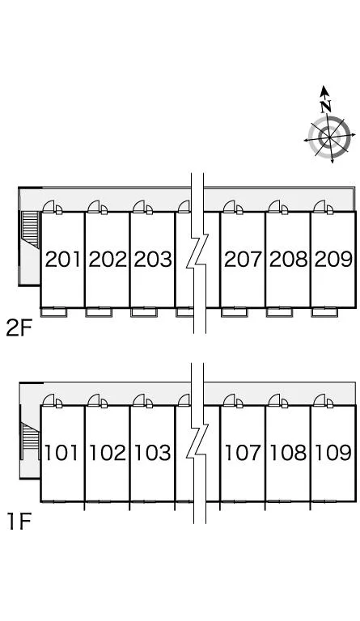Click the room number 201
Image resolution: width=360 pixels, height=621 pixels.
tap(63, 260)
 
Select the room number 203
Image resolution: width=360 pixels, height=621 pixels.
tap(153, 260)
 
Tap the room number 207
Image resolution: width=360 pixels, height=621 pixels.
tap(243, 260)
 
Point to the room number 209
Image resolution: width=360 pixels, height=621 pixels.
tap(333, 260)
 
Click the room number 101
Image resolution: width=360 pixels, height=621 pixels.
tap(61, 453)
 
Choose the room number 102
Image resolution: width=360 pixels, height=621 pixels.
tap(108, 453)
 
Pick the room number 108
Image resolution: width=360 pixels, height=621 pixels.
tap(288, 453)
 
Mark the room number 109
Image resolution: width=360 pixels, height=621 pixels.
tap(333, 453)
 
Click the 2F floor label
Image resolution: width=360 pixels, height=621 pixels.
tap(19, 328)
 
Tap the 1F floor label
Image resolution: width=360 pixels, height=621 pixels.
tap(19, 522)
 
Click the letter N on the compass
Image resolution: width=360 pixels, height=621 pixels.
tap(326, 106)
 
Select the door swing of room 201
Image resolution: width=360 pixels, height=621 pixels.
tap(49, 206)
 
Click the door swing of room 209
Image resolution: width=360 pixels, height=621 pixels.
tap(320, 206)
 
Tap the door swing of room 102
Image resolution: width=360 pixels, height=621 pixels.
tap(94, 400)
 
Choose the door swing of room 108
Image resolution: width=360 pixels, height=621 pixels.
tap(274, 400)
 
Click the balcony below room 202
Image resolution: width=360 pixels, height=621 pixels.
tap(99, 312)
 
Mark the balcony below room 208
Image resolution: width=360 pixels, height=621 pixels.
tap(280, 312)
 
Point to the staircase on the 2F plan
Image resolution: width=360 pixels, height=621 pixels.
tap(30, 229)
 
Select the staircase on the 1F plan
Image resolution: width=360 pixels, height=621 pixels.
tap(30, 441)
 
